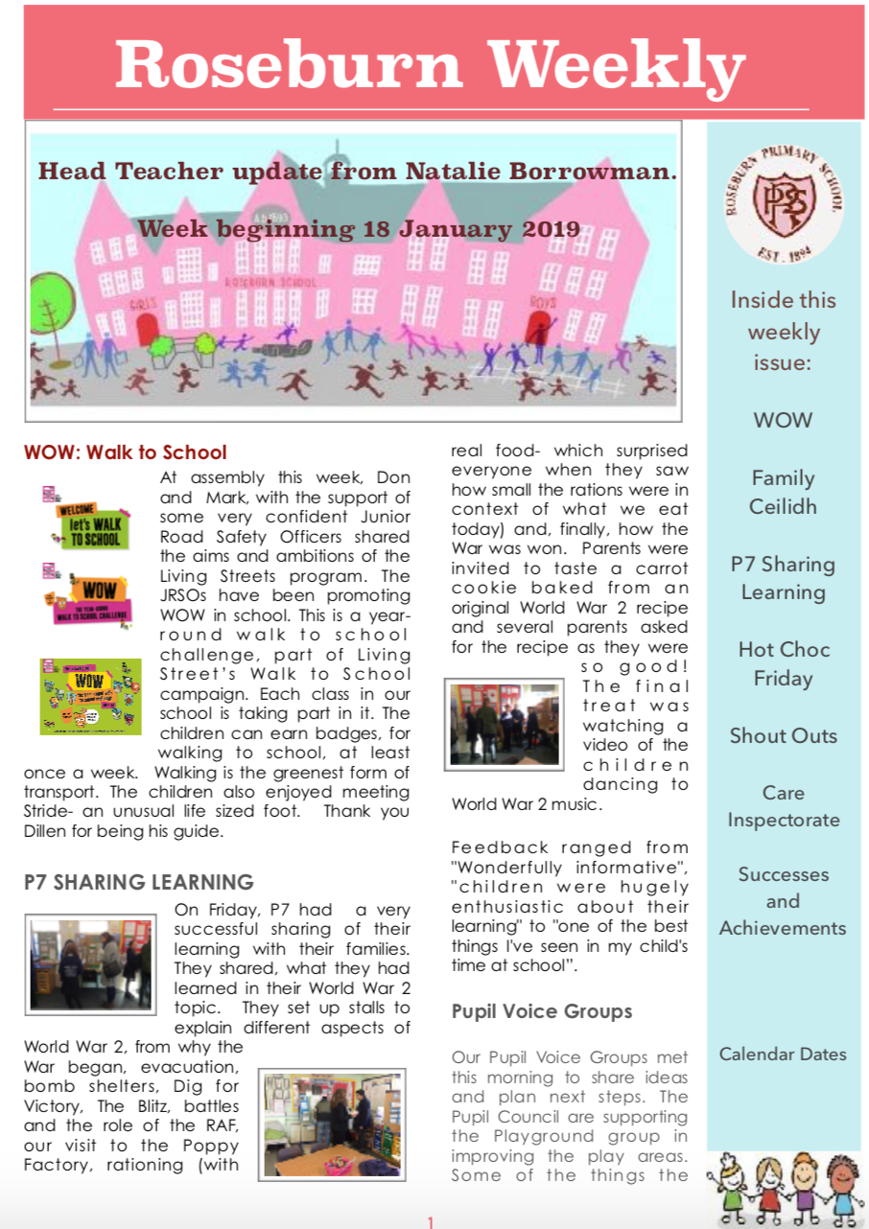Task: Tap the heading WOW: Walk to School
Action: [x=125, y=452]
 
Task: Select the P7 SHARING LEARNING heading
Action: [x=139, y=882]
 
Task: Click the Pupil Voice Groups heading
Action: [x=542, y=1010]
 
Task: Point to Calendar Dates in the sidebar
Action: [x=783, y=1054]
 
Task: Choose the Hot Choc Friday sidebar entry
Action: [x=783, y=663]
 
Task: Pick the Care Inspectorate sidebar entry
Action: [x=783, y=806]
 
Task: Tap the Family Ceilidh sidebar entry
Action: [x=783, y=492]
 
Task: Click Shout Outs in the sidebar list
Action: [x=783, y=735]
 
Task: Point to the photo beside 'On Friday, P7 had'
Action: [x=90, y=963]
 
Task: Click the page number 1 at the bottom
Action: [x=431, y=1221]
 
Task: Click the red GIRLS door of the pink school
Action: [x=147, y=331]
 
